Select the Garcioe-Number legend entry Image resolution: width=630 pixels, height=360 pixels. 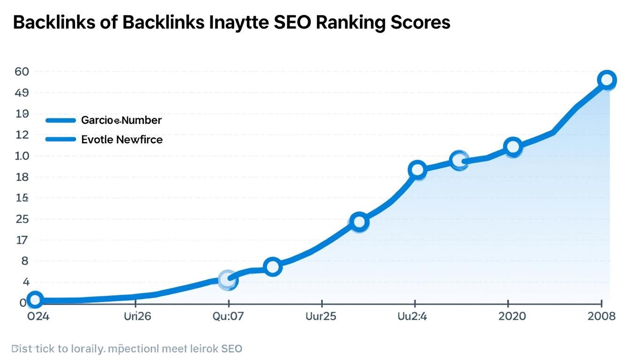[121, 120]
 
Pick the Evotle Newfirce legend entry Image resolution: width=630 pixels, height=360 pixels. [122, 139]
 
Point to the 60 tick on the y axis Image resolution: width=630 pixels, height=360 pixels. [22, 72]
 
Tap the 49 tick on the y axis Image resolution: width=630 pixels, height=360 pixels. [22, 93]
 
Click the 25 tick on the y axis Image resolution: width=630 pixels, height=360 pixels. [22, 219]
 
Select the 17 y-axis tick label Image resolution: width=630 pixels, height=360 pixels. [22, 240]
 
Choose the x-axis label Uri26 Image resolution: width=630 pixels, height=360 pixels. [137, 316]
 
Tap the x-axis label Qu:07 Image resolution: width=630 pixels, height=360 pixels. [228, 316]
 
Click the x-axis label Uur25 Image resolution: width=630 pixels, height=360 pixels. [321, 316]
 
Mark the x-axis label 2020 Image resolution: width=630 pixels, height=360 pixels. [512, 316]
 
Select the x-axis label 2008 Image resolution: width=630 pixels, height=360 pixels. [601, 316]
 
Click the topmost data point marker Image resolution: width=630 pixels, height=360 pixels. [607, 80]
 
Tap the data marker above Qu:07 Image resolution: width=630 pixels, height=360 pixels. [228, 280]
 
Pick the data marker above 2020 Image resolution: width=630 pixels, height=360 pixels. [513, 147]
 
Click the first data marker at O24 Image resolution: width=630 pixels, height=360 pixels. [35, 300]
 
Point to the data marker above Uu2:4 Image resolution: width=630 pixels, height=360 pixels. [417, 170]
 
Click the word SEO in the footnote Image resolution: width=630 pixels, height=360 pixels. [232, 349]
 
